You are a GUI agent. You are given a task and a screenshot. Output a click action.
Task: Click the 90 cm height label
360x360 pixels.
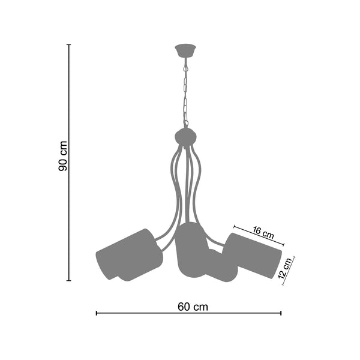[62, 156]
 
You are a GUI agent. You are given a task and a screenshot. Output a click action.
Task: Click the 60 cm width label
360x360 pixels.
[193, 307]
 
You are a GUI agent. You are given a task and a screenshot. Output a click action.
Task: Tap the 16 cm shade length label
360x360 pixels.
[263, 233]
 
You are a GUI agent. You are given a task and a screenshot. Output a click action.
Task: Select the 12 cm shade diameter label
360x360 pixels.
[285, 268]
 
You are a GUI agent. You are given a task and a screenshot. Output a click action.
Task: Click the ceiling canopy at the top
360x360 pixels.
[185, 51]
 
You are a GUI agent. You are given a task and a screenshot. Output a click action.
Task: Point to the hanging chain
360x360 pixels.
[185, 92]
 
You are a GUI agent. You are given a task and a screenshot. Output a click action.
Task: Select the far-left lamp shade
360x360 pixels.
[129, 255]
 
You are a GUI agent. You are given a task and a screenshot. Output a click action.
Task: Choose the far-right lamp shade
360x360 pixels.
[253, 255]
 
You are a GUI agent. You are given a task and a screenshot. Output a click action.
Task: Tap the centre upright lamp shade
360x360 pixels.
[193, 250]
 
